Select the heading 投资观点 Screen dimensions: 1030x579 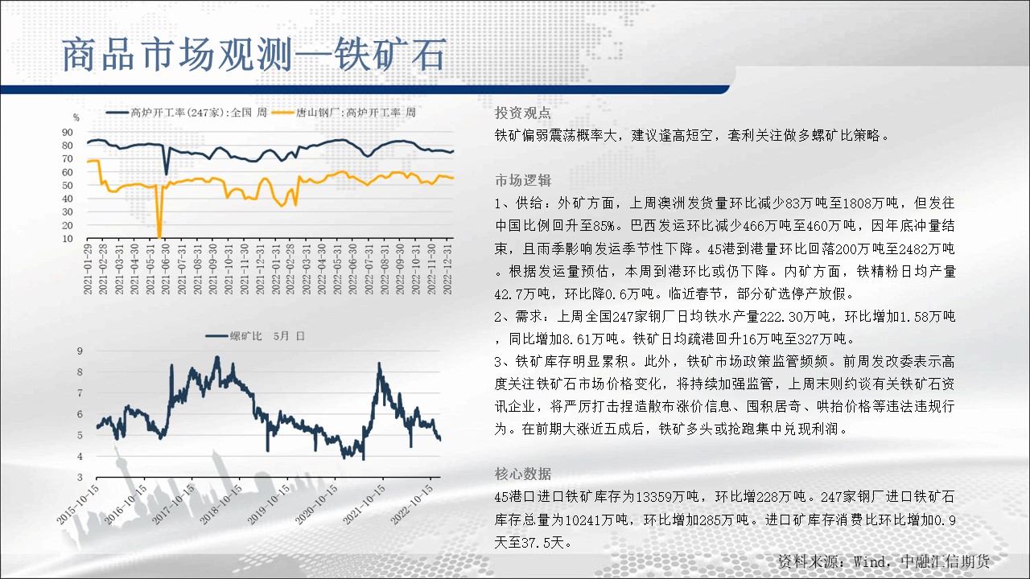(x=523, y=113)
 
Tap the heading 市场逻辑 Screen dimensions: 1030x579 (x=523, y=180)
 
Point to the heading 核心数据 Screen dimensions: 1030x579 (x=523, y=474)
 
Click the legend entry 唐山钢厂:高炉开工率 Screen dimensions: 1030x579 (x=344, y=113)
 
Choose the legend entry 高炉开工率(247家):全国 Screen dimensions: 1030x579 (x=187, y=113)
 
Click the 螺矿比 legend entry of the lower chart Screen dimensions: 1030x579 (x=255, y=336)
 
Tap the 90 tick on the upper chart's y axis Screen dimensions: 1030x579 (x=68, y=133)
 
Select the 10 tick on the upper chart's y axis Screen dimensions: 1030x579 (x=68, y=239)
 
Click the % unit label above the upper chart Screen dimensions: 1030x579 (x=76, y=117)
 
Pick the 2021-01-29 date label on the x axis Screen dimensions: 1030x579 (x=88, y=269)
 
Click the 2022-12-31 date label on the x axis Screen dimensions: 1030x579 (x=447, y=269)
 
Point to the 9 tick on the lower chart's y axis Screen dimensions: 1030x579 (x=80, y=351)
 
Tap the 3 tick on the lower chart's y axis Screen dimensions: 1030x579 (x=80, y=478)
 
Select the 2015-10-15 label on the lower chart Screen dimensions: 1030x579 (x=78, y=504)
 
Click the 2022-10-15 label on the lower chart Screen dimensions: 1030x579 (x=412, y=504)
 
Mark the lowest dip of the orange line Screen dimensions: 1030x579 (x=159, y=236)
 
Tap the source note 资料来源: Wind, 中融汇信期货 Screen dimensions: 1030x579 (x=884, y=561)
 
